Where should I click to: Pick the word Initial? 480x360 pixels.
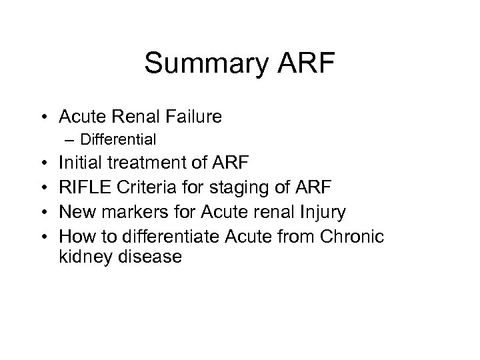pyautogui.click(x=78, y=161)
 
